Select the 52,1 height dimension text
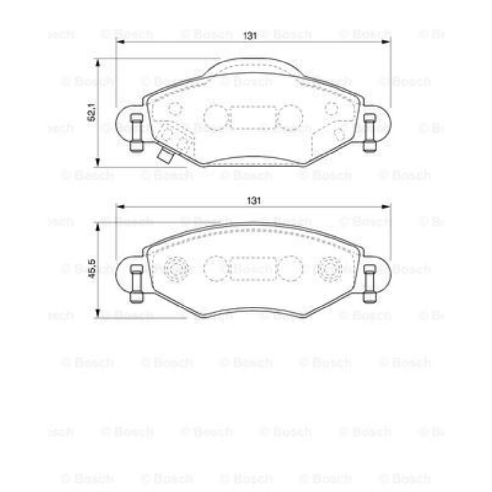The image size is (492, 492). click(x=91, y=113)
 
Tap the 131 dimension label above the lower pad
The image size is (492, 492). click(x=253, y=200)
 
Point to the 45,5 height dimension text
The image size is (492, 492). click(x=91, y=269)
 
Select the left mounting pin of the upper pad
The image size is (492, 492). click(x=136, y=132)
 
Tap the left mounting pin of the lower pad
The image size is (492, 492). click(x=136, y=283)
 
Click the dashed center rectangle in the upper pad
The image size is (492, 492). click(x=253, y=118)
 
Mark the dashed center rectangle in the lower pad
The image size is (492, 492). click(x=253, y=269)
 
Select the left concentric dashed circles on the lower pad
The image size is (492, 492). click(x=176, y=269)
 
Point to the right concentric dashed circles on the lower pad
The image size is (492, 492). click(x=330, y=269)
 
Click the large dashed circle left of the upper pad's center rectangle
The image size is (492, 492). click(x=215, y=118)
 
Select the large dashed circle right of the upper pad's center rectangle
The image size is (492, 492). click(x=290, y=118)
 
